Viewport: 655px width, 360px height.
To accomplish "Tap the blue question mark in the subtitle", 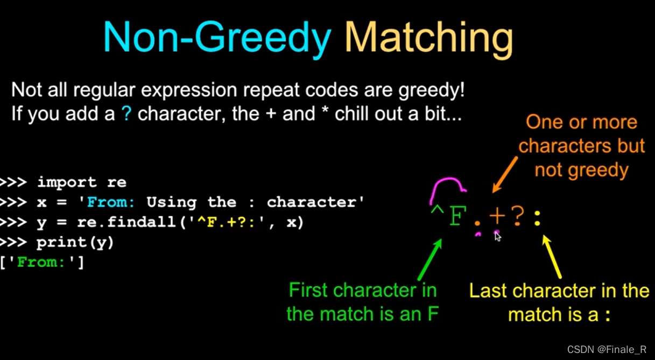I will click(x=126, y=114).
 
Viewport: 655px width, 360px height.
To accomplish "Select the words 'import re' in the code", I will click(x=81, y=182).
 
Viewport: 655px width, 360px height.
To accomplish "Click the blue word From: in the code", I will click(x=111, y=202).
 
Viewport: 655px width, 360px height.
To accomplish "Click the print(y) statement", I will click(x=75, y=242).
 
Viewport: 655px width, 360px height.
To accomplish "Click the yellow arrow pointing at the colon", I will click(x=553, y=257).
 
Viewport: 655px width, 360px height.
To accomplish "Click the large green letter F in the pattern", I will click(x=457, y=216).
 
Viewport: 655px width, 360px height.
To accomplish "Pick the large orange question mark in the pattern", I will click(x=517, y=216).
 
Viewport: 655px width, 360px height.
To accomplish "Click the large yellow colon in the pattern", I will click(x=537, y=218).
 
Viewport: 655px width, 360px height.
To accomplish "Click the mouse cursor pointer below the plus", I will click(x=498, y=237).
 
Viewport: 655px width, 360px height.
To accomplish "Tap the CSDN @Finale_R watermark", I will click(x=607, y=350).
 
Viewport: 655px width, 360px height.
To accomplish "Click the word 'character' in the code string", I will click(x=315, y=202).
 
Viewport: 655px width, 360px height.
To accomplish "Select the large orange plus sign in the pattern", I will click(x=497, y=216).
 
